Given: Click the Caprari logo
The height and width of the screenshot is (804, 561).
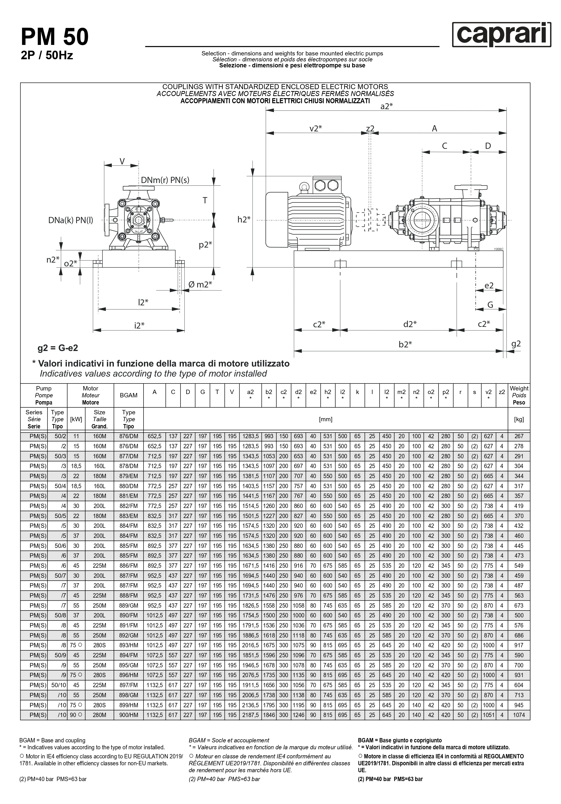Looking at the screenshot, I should tap(501, 34).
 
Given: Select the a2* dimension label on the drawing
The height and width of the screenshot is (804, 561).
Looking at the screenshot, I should tap(386, 107).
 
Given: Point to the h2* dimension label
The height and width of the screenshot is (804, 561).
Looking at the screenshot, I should tap(244, 220).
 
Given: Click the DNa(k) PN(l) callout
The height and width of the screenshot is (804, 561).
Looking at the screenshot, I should tap(71, 220).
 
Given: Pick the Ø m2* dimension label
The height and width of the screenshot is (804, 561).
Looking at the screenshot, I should tap(200, 284).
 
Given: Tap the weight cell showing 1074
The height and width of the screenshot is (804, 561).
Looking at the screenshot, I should tap(519, 715).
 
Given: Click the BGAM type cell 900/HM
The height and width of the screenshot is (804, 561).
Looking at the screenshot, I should tap(128, 715).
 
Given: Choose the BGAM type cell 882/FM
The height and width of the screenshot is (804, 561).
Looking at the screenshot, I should tap(128, 506).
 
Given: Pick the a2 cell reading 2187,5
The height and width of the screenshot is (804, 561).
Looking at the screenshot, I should tap(250, 715).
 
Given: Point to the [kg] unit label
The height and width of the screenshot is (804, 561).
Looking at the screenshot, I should tap(519, 419).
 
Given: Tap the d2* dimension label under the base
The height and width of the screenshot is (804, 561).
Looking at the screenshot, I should tap(410, 324).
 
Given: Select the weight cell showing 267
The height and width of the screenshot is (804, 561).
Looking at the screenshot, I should tap(519, 436).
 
